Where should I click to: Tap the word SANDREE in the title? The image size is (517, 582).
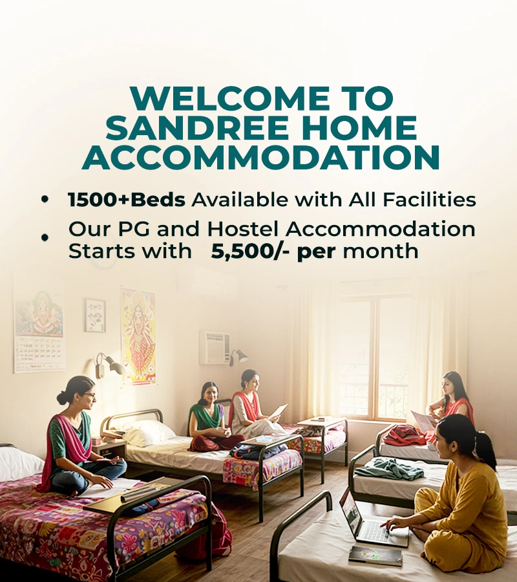click(x=197, y=127)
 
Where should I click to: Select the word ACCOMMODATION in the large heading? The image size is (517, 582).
click(x=260, y=156)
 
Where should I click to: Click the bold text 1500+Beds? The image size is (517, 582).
click(x=127, y=200)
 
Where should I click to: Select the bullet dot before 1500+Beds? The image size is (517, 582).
click(x=45, y=199)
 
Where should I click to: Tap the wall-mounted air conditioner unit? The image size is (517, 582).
click(x=215, y=348)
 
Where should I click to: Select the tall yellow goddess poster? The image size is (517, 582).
click(x=138, y=336)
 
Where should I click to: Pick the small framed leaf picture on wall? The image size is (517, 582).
click(x=96, y=315)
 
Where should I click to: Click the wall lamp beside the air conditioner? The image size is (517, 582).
click(x=237, y=357)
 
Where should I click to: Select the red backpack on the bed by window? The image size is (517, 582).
click(x=403, y=435)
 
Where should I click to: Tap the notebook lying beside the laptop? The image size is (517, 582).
click(x=375, y=556)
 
